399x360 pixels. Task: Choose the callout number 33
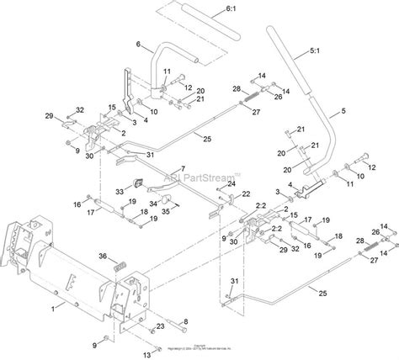coord(119,192)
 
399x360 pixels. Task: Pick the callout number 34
coord(152,203)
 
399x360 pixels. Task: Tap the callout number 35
coord(166,211)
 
